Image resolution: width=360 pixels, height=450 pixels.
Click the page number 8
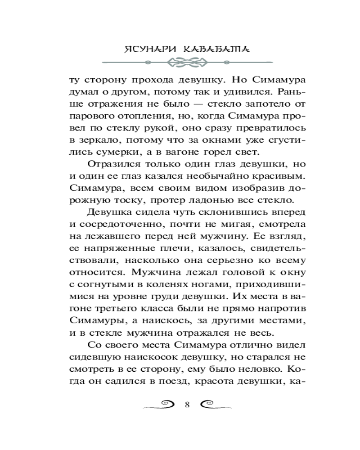click(x=187, y=404)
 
